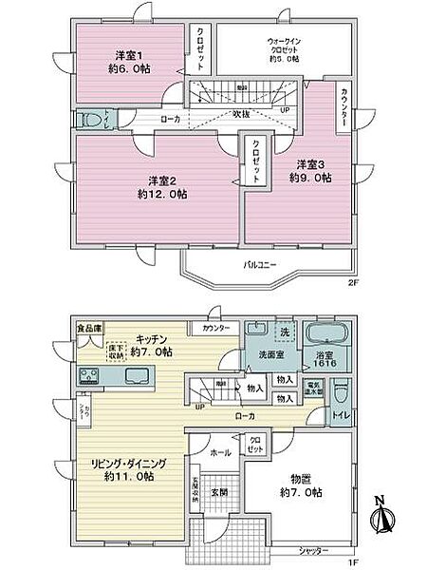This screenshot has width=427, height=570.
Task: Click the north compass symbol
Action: (381, 519)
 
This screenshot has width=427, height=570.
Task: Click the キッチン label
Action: (153, 338)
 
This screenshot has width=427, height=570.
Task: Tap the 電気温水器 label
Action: (314, 389)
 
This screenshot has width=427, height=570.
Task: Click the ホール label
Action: (221, 453)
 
